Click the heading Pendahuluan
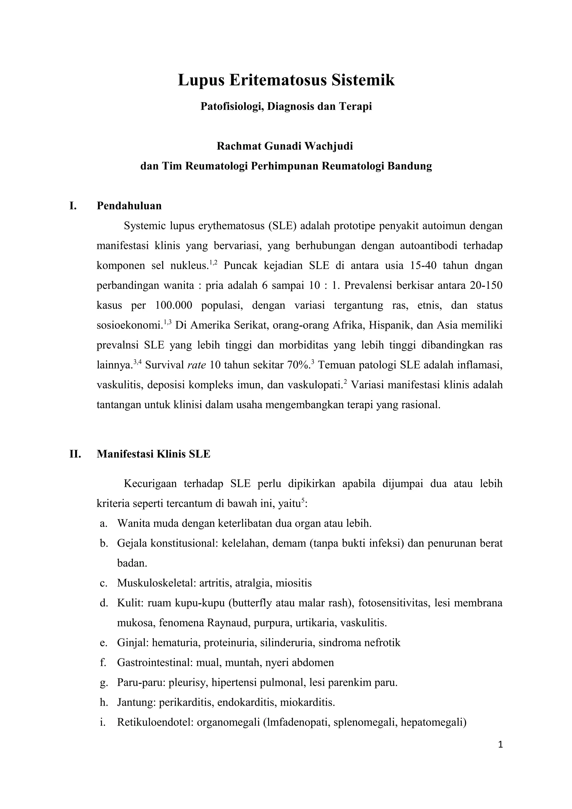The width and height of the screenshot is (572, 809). pos(129,206)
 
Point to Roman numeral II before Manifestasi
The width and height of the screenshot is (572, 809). pos(75,454)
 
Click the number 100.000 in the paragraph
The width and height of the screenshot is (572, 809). pos(173,305)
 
